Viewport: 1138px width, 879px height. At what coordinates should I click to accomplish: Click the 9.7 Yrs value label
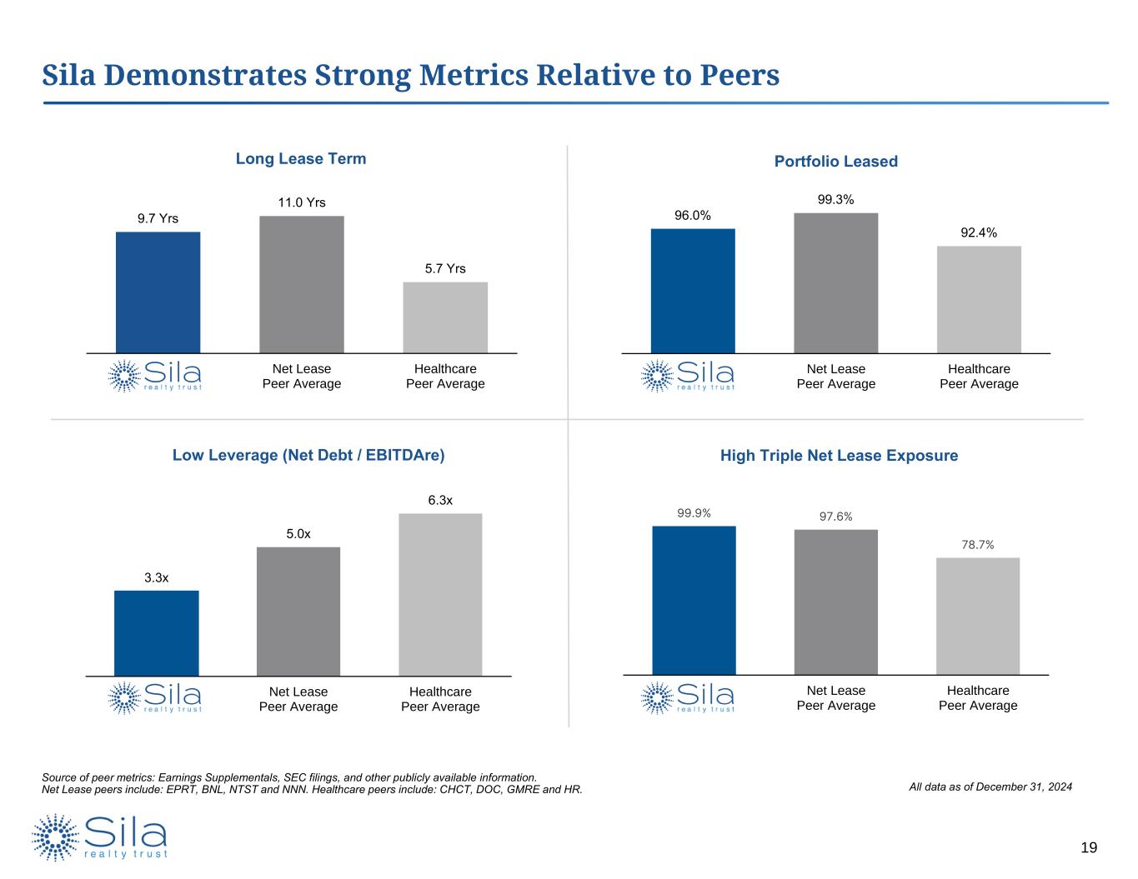158,218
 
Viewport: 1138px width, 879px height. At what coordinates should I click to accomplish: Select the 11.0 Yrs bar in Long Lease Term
301,284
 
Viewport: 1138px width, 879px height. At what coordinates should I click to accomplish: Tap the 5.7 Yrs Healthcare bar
445,317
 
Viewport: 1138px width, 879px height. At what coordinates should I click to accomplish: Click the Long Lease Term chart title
301,158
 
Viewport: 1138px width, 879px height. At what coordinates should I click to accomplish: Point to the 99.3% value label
835,200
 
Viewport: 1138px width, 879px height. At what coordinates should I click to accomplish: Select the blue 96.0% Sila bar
693,291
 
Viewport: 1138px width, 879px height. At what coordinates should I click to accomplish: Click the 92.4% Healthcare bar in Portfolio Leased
979,299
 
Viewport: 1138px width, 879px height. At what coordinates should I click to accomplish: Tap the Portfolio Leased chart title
835,162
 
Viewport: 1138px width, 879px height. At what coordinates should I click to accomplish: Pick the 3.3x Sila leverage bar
157,632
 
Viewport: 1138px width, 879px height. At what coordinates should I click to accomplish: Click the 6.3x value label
440,500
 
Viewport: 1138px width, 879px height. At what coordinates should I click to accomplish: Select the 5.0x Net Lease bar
298,611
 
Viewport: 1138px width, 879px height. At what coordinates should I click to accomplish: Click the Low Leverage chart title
308,455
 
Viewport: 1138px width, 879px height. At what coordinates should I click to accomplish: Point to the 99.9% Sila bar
694,600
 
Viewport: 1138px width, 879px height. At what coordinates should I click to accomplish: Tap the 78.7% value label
977,544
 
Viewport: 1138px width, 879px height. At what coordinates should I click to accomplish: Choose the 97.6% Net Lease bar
835,602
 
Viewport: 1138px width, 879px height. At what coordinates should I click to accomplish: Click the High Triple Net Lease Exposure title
839,456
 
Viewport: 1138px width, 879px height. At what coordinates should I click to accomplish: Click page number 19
1089,848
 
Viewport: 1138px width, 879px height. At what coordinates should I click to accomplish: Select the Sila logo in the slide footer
100,837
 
